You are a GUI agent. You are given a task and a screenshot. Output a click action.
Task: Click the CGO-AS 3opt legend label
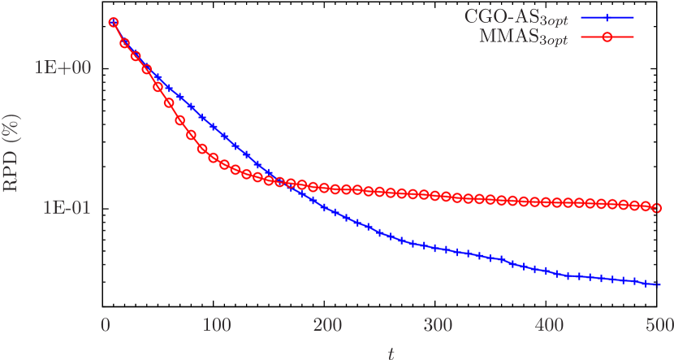click(x=516, y=17)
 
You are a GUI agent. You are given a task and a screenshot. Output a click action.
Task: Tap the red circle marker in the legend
click(x=607, y=37)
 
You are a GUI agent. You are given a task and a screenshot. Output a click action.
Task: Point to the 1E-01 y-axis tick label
click(x=61, y=207)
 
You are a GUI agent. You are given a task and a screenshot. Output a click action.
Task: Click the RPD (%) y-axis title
click(x=12, y=154)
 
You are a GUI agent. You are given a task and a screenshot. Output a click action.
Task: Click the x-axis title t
click(x=391, y=352)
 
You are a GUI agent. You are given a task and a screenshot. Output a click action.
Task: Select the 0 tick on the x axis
click(x=106, y=326)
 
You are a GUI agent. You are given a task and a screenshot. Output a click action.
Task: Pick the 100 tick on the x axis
click(x=216, y=326)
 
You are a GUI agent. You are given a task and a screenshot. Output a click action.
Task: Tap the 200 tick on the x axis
click(x=327, y=326)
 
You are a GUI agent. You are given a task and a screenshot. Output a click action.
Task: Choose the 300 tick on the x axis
click(x=439, y=326)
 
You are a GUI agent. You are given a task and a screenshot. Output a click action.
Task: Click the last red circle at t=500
click(x=658, y=208)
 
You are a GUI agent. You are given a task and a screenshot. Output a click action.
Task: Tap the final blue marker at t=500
click(x=658, y=284)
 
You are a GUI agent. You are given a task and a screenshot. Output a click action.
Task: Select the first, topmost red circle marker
click(x=114, y=23)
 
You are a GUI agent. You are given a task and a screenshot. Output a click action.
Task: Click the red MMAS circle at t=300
click(x=436, y=196)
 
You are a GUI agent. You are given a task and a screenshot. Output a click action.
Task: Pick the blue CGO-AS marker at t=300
click(x=436, y=247)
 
